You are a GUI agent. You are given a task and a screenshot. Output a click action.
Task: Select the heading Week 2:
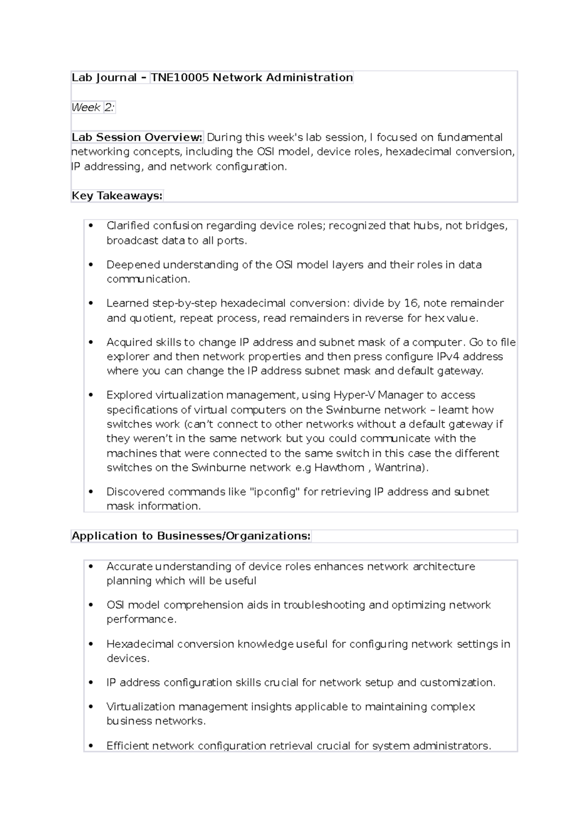pyautogui.click(x=93, y=107)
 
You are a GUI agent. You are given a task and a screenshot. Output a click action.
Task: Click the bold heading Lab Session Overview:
pyautogui.click(x=137, y=137)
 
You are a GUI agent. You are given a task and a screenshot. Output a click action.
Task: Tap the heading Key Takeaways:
pyautogui.click(x=117, y=196)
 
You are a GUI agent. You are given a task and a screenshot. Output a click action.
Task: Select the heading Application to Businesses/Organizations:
pyautogui.click(x=191, y=536)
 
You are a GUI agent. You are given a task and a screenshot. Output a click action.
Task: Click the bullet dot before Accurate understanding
pyautogui.click(x=90, y=566)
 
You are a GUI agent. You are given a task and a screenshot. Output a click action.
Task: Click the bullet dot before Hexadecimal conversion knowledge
pyautogui.click(x=90, y=644)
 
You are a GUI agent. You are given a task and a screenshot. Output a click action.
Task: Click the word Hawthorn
pyautogui.click(x=339, y=467)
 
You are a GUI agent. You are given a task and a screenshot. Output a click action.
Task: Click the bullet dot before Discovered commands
pyautogui.click(x=90, y=492)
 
